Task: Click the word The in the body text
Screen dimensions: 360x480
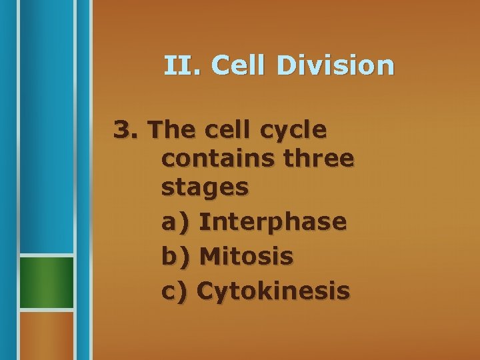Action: pyautogui.click(x=171, y=129)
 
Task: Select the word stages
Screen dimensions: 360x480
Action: pyautogui.click(x=205, y=189)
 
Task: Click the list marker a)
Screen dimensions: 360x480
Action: pyautogui.click(x=175, y=221)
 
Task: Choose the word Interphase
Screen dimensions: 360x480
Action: pyautogui.click(x=273, y=221)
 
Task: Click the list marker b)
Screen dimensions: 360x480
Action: pyautogui.click(x=175, y=256)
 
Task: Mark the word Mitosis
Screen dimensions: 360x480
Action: pyautogui.click(x=246, y=256)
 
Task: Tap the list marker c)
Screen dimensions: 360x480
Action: pyautogui.click(x=175, y=291)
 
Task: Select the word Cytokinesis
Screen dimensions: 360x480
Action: pyautogui.click(x=274, y=291)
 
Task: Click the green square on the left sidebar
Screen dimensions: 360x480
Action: pyautogui.click(x=46, y=283)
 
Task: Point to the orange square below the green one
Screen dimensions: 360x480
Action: pyautogui.click(x=46, y=335)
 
